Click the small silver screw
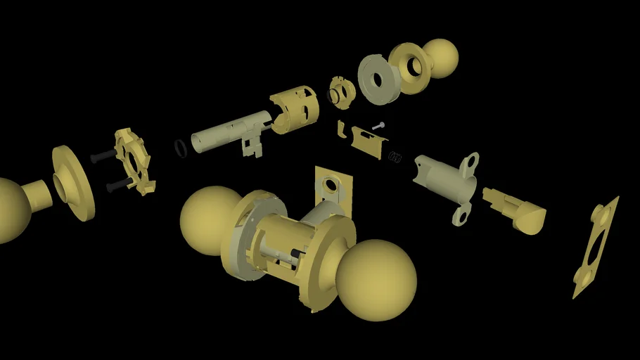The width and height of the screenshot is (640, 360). point(378,126)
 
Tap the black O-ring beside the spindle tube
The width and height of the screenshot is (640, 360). point(181,148)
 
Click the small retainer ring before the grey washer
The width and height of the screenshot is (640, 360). point(342,93)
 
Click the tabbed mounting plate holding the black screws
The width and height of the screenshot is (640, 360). point(134,160)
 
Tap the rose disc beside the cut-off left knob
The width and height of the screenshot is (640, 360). point(72,183)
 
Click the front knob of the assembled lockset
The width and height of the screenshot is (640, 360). point(376,280)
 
